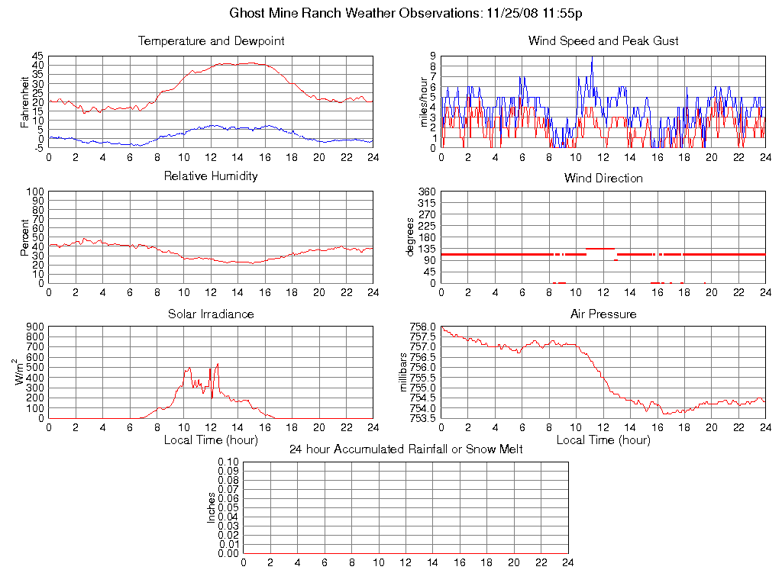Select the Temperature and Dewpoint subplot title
coord(211,41)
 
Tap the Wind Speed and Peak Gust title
coord(603,41)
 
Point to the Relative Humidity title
coord(211,176)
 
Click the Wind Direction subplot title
coord(603,179)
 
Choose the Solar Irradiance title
coord(211,314)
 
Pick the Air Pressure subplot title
coord(603,314)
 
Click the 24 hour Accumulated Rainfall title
coord(406,449)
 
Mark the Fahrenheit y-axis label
coord(24,101)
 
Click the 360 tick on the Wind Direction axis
coord(427,192)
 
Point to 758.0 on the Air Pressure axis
coord(422,327)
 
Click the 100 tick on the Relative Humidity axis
coord(35,192)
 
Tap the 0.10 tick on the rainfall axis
coord(228,462)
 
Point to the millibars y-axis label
coord(406,372)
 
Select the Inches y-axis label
coord(212,507)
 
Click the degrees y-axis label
coord(410,237)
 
